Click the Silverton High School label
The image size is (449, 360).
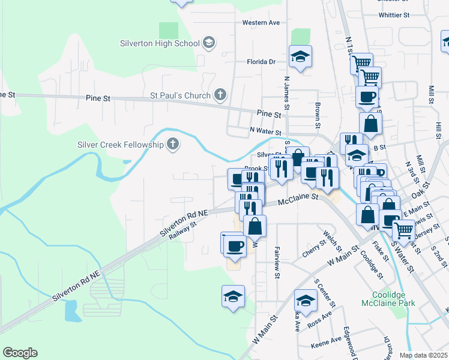[x=160, y=43]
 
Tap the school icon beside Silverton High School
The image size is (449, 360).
[x=209, y=43]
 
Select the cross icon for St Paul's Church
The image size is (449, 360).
[x=220, y=95]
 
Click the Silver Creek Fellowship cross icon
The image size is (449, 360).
[x=173, y=144]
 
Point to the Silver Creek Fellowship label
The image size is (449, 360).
[x=120, y=145]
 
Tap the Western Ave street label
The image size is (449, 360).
[x=261, y=23]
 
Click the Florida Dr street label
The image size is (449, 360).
[x=261, y=61]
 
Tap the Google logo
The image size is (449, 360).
[x=20, y=353]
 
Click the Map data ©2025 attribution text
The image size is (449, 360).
[x=424, y=355]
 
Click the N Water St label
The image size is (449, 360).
[x=266, y=131]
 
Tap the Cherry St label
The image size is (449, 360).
[x=314, y=248]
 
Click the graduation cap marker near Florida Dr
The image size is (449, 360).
[x=301, y=57]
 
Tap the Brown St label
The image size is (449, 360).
[x=316, y=116]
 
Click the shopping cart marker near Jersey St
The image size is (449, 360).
[x=403, y=229]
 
